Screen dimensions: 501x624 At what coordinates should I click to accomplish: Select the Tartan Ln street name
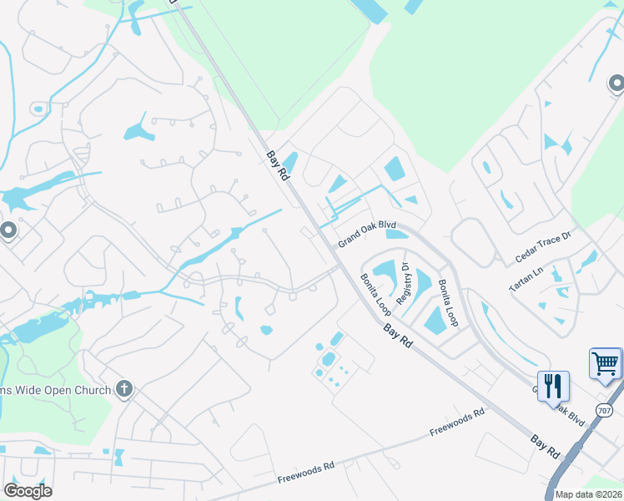526,281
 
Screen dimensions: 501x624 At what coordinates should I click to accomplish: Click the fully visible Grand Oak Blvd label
366,234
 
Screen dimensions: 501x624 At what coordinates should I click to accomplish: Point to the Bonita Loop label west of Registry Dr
375,294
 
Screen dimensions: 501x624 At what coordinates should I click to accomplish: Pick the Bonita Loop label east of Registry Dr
449,301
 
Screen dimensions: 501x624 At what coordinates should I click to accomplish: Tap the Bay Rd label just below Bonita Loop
398,336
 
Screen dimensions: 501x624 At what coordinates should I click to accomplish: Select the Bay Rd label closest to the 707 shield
545,445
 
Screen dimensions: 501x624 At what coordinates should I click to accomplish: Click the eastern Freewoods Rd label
457,422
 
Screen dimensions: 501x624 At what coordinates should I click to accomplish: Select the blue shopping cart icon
606,363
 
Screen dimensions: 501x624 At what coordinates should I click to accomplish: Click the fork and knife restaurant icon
553,386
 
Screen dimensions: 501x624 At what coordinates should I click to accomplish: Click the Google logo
27,490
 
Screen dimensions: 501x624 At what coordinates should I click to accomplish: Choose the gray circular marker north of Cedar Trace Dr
616,83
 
